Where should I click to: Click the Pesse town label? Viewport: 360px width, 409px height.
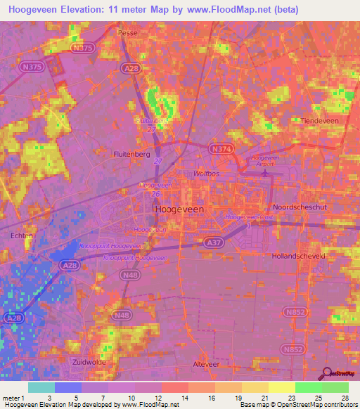(x=128, y=33)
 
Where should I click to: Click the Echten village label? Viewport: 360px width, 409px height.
(x=22, y=237)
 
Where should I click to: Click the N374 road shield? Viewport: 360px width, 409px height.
(x=221, y=148)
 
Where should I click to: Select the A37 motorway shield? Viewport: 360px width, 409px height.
(x=199, y=240)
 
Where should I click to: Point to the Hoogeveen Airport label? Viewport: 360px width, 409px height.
(x=266, y=161)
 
